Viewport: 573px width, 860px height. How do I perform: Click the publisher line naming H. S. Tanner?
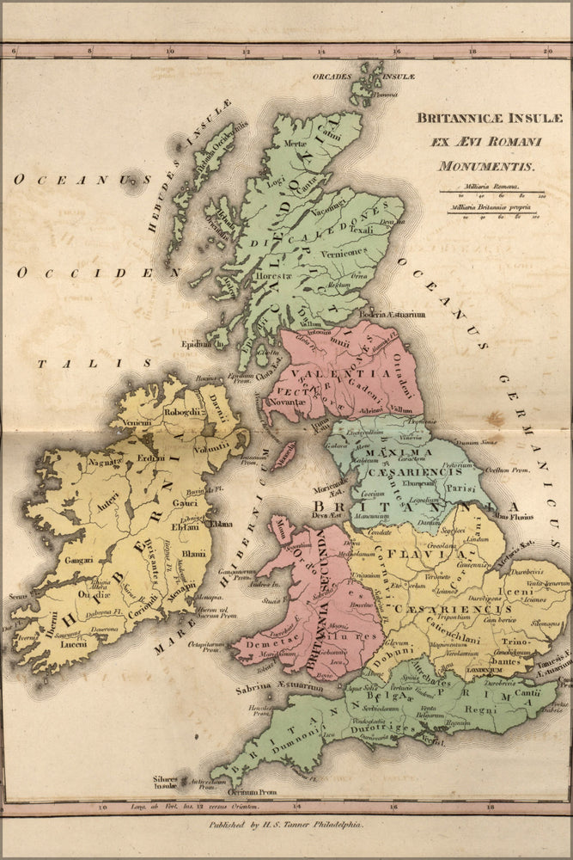[287, 823]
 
